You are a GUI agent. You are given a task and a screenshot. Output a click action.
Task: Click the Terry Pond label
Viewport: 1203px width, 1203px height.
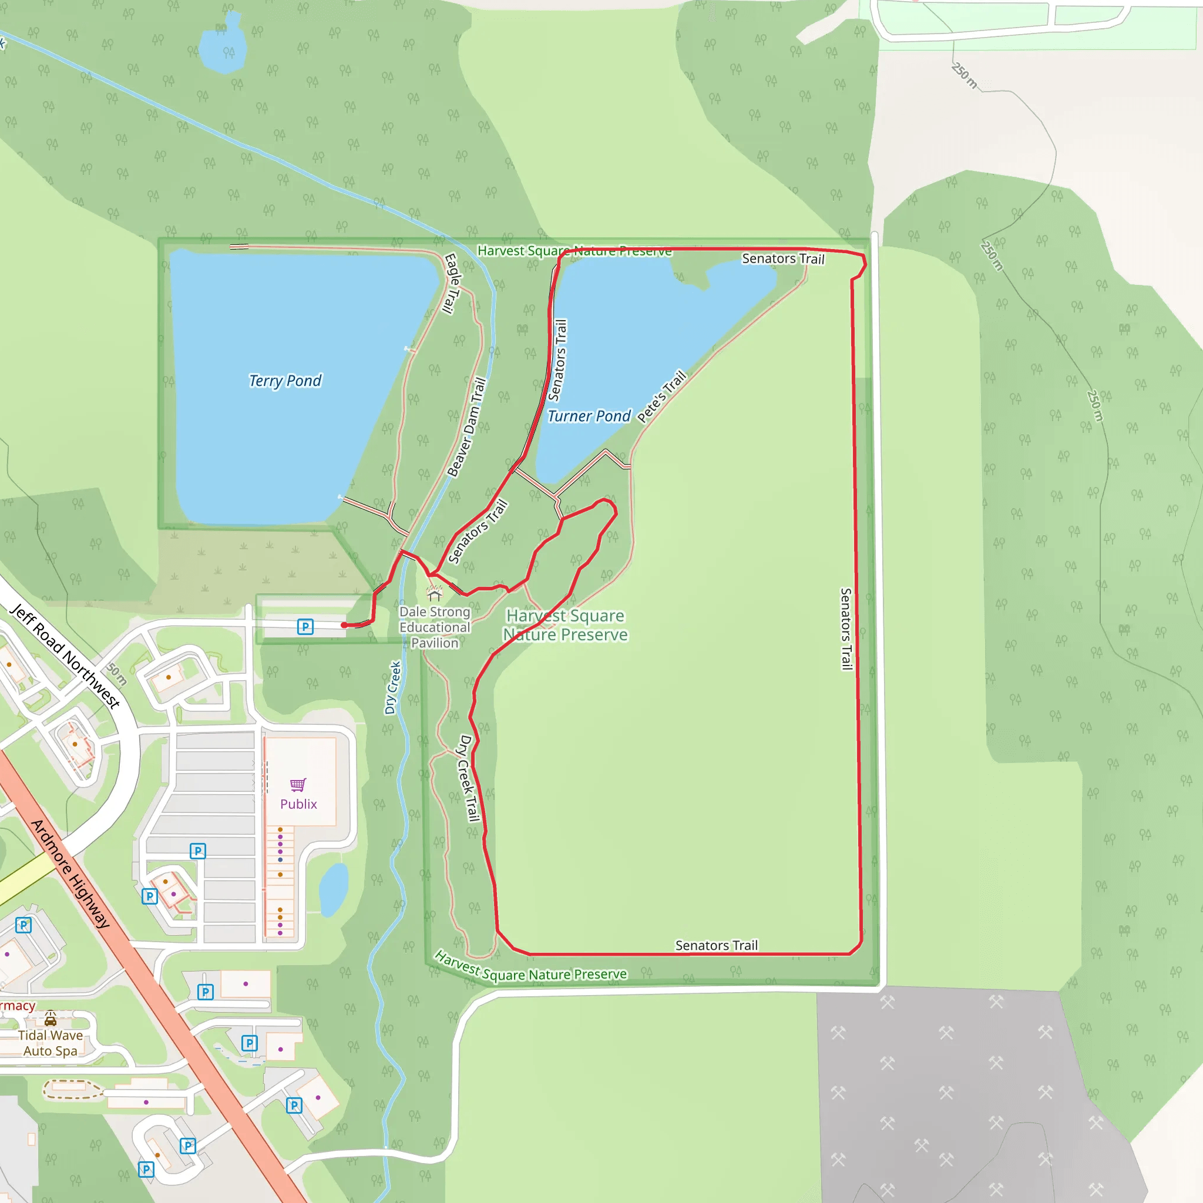(x=285, y=381)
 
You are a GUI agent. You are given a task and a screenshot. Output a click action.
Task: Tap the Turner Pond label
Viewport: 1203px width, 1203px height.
(x=589, y=416)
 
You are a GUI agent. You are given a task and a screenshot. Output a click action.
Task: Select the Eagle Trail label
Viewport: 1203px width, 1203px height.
(x=452, y=283)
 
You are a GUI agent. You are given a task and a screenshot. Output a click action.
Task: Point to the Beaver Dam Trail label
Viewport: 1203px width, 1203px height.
(x=467, y=427)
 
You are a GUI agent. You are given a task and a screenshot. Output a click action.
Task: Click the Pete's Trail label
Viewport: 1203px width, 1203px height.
(x=662, y=396)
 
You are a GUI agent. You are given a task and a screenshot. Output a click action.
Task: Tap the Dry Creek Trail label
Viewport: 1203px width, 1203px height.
(x=469, y=778)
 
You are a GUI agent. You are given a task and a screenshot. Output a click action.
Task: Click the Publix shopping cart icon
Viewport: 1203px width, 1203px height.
(x=298, y=785)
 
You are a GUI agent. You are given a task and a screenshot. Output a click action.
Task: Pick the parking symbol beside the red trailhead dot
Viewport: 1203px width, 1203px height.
(x=305, y=626)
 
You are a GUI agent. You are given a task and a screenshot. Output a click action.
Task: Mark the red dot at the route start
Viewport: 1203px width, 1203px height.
(x=344, y=625)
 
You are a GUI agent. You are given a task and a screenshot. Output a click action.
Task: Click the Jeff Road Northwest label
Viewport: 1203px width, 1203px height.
(x=65, y=656)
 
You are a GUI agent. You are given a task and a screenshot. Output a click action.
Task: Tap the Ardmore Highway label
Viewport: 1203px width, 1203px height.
(x=70, y=873)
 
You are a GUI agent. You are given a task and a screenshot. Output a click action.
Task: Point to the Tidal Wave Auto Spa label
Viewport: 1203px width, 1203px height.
(x=51, y=1043)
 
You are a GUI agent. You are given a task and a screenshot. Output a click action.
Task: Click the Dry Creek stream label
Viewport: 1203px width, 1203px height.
(x=392, y=687)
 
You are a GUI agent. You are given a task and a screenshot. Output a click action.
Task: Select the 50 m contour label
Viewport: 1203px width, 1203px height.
(x=116, y=674)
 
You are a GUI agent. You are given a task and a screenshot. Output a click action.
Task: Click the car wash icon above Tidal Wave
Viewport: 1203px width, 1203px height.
(x=51, y=1019)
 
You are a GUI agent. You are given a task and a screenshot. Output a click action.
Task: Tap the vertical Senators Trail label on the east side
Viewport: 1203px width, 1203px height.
(x=846, y=629)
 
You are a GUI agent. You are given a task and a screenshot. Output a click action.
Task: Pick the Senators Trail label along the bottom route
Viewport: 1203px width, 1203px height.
(x=717, y=945)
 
